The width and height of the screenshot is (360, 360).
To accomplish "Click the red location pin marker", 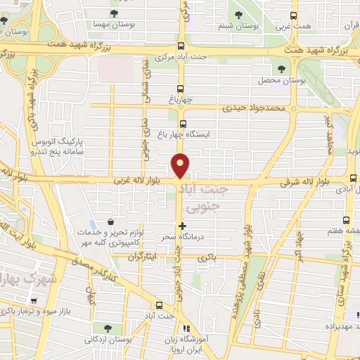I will point(181,165).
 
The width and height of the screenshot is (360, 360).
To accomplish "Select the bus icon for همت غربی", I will point(293,15).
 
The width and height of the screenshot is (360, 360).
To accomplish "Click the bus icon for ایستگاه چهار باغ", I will point(183,124).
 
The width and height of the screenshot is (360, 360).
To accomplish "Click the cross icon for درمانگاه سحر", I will point(183,226).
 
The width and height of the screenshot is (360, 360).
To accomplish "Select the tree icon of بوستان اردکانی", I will point(108,328).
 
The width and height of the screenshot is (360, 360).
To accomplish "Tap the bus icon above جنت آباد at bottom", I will point(159,305).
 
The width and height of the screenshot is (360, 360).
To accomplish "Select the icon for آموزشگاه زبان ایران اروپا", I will point(186,328).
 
